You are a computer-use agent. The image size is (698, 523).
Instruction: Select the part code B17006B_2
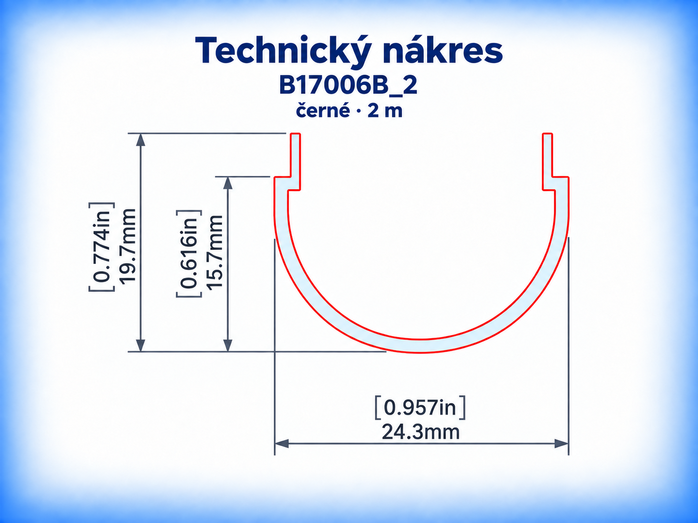348,86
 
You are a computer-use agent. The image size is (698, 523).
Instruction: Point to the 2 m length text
385,111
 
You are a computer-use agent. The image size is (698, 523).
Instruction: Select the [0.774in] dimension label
102,247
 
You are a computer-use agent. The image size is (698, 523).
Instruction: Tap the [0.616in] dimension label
189,254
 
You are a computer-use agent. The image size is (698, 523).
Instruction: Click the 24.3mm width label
421,432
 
